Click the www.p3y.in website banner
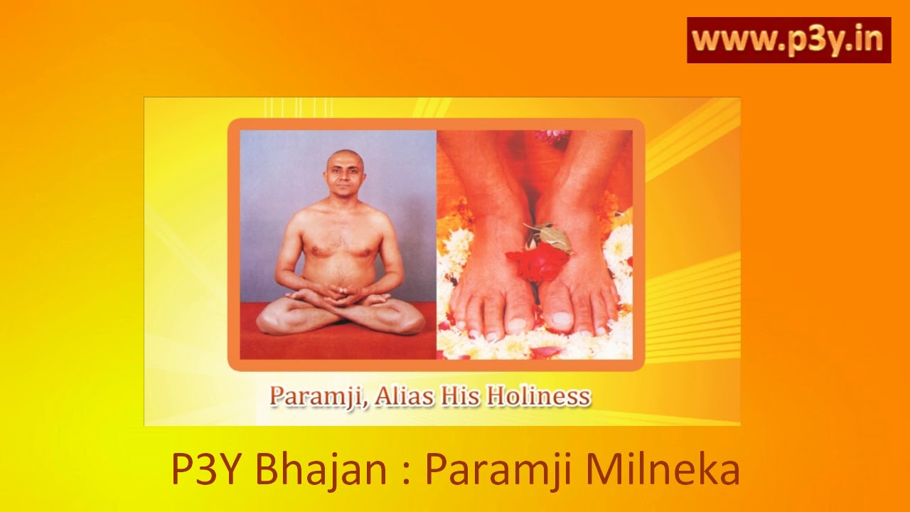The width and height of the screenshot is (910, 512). click(x=788, y=41)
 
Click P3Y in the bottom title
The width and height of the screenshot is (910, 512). click(x=206, y=470)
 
